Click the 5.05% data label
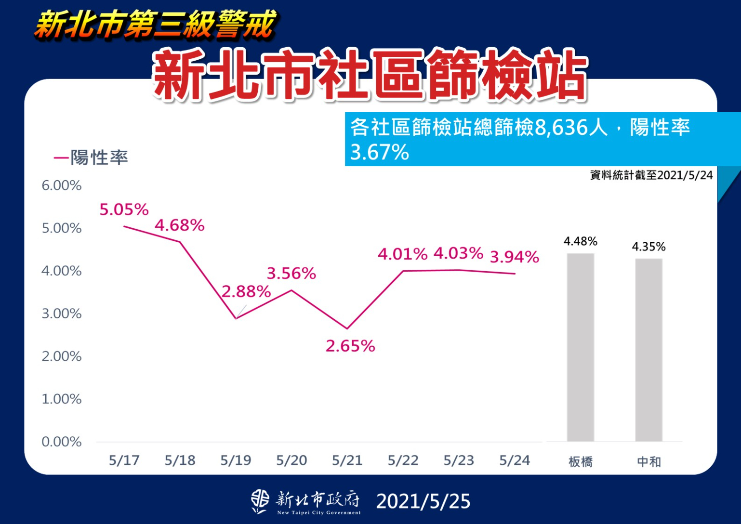[124, 210]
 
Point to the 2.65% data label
[350, 346]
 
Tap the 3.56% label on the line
[291, 274]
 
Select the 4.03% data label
[458, 253]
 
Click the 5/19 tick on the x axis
[236, 460]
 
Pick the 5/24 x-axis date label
[515, 460]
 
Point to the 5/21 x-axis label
[347, 460]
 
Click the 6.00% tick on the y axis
[61, 185]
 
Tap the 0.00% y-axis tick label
[61, 442]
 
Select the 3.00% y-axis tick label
[61, 314]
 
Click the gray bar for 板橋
[580, 347]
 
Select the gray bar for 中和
[648, 350]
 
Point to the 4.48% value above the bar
[580, 241]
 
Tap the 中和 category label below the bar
[648, 462]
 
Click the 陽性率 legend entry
[92, 157]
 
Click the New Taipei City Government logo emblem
[260, 501]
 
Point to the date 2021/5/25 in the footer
[423, 501]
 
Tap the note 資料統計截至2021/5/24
[651, 175]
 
